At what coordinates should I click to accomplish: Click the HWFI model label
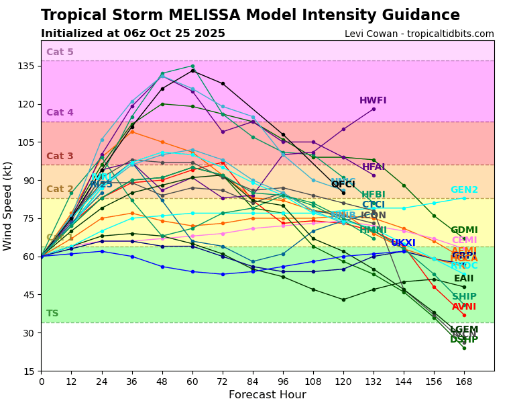(373, 101)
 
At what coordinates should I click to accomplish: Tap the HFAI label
(374, 167)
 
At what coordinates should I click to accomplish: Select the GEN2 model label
(464, 190)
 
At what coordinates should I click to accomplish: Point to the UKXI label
(403, 243)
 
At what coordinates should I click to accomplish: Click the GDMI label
(464, 230)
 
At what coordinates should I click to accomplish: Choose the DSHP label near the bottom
(464, 340)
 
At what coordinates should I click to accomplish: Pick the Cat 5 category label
(60, 52)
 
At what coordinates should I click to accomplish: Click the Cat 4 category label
(60, 113)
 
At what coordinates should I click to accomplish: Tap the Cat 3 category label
(60, 156)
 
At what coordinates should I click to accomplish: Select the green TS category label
(52, 314)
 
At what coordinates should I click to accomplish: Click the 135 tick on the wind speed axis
(27, 66)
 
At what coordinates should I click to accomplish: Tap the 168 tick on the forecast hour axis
(463, 382)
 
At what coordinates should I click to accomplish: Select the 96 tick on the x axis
(283, 382)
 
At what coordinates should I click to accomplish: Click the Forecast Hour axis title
(267, 395)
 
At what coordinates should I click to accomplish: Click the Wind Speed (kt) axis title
(8, 206)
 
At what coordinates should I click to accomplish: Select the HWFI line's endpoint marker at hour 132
(374, 109)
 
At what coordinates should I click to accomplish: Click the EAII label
(463, 279)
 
